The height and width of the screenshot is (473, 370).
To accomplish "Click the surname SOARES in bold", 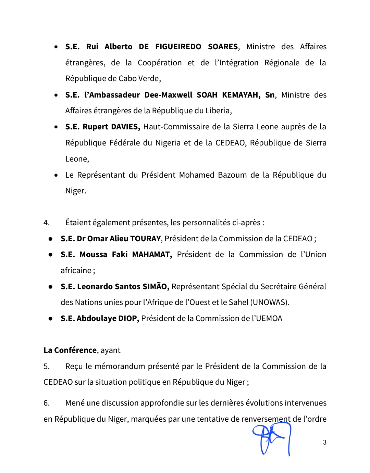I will pos(223,47).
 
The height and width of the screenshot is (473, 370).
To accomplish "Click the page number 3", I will pos(324,442).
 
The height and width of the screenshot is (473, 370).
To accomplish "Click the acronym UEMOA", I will pos(269,319).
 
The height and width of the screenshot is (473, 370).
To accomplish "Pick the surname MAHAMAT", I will pos(152,255).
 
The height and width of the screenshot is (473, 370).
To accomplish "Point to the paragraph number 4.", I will pos(47,223).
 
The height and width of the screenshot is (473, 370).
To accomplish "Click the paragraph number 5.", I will pos(47,367).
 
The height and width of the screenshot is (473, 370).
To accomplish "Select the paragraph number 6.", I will pos(47,403).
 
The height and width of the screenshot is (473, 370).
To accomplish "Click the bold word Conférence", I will pos(75,350).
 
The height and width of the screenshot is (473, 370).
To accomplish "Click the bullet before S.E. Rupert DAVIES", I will pos(56,127).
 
